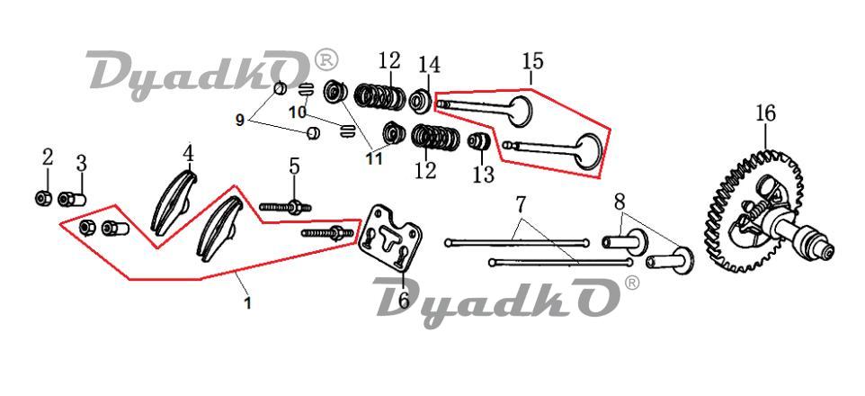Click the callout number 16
coord(766,113)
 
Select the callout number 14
coord(429,65)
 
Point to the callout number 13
coord(483,175)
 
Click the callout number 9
coord(240,120)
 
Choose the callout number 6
coord(403,300)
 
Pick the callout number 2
coord(48,157)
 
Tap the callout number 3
coord(81,163)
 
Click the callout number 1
coord(247,302)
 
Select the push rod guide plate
coord(391,238)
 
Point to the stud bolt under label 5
coord(285,208)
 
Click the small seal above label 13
coord(479,140)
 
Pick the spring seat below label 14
coord(422,101)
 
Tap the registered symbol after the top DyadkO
coord(325,60)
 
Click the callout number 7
coord(522,205)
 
